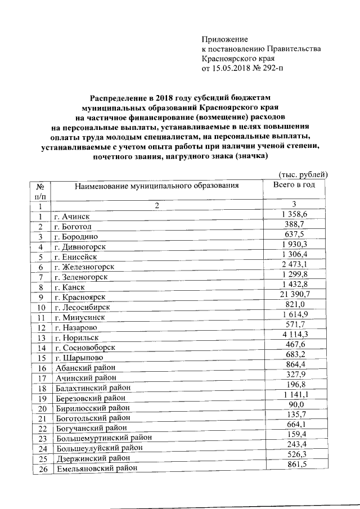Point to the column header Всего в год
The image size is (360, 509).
pyautogui.click(x=294, y=184)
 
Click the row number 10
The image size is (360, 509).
pyautogui.click(x=40, y=307)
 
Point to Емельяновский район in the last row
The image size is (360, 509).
pyautogui.click(x=96, y=469)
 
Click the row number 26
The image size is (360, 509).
pyautogui.click(x=40, y=469)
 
